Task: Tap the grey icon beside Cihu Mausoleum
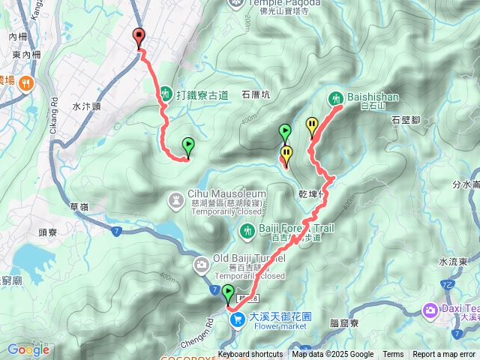176,199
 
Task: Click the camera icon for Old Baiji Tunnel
202,264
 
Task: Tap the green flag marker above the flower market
228,294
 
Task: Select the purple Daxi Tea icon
430,309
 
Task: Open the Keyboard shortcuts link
250,355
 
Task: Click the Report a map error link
445,355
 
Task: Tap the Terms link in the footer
393,355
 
